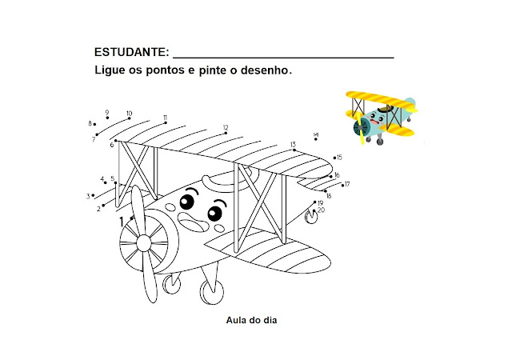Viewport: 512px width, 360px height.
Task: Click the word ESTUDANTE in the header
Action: [131, 52]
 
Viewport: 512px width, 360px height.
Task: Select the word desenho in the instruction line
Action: [263, 70]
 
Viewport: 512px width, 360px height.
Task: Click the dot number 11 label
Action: [165, 118]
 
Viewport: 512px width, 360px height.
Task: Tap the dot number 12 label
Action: [226, 128]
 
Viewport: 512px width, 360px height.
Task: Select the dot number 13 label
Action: [294, 145]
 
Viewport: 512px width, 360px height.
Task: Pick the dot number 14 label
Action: [316, 135]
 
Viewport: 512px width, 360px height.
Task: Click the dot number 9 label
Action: [106, 113]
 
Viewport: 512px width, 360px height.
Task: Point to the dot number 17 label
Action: [347, 184]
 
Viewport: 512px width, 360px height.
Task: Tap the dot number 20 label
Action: [321, 210]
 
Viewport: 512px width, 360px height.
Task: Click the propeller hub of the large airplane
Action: [144, 241]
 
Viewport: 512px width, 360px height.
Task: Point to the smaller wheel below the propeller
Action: [171, 282]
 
